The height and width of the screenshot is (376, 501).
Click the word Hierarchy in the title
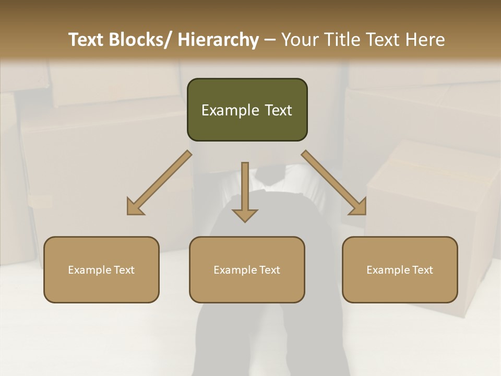pyautogui.click(x=218, y=40)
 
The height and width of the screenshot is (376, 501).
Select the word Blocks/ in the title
pyautogui.click(x=139, y=40)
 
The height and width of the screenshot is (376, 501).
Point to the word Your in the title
pyautogui.click(x=300, y=40)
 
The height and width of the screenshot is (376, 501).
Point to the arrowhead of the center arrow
pyautogui.click(x=245, y=215)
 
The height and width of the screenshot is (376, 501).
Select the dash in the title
pyautogui.click(x=270, y=40)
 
